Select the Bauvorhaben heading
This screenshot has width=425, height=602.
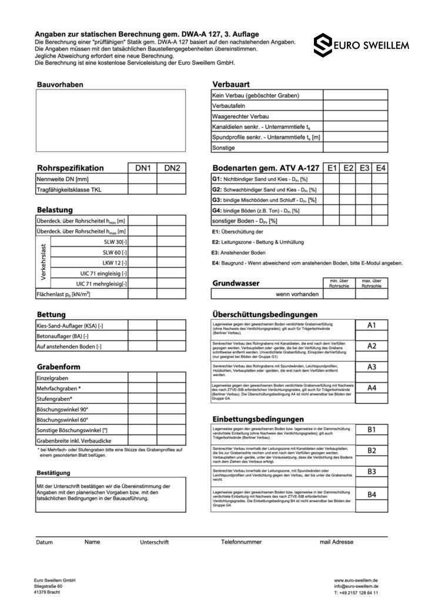point(60,85)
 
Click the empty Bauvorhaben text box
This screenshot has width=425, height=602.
point(111,119)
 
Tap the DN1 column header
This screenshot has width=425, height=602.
point(143,168)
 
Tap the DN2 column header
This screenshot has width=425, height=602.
point(172,168)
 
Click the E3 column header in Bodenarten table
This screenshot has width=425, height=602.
point(365,168)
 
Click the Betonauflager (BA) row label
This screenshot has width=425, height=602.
point(62,336)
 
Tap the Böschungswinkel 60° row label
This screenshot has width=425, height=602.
point(62,420)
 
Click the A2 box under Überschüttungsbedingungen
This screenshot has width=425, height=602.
point(372,346)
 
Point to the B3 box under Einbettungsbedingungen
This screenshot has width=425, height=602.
point(372,471)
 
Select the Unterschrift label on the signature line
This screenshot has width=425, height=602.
point(155,542)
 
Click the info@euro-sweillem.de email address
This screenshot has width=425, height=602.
point(356,586)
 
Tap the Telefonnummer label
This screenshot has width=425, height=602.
point(242,541)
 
